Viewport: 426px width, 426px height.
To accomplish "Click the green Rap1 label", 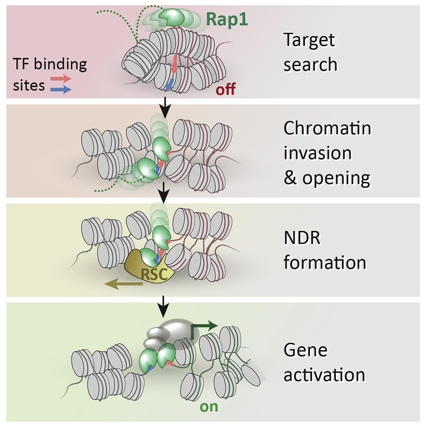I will [x=227, y=20].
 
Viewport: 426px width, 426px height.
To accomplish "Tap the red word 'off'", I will [x=225, y=89].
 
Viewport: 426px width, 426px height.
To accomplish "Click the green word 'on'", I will [x=209, y=406].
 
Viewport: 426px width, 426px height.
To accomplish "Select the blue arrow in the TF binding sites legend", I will [x=61, y=90].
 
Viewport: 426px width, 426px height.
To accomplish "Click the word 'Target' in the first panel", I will [x=309, y=40].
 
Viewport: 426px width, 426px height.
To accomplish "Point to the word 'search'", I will [x=310, y=64].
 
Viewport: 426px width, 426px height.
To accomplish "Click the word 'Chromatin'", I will [x=327, y=128].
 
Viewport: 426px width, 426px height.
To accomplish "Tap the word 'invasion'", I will [x=317, y=152].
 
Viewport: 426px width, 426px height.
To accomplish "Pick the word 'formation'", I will [x=324, y=263].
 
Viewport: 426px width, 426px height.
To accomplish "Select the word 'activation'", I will [x=324, y=375].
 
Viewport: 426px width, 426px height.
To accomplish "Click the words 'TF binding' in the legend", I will [x=50, y=64].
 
